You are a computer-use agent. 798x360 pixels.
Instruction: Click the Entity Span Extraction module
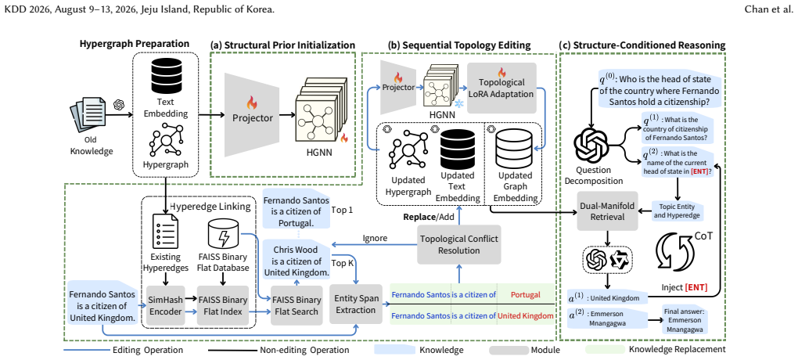[x=356, y=304]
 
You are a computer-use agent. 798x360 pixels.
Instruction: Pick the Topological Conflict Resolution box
[x=458, y=244]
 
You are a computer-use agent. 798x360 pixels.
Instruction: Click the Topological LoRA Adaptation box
[x=501, y=88]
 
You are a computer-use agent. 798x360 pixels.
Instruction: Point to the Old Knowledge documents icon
[x=88, y=117]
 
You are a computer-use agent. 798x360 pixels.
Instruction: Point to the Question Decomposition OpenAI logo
[x=591, y=144]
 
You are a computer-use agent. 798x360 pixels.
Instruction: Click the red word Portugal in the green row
[x=525, y=295]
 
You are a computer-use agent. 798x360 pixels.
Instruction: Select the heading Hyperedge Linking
[x=210, y=207]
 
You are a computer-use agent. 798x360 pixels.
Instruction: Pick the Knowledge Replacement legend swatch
[x=605, y=350]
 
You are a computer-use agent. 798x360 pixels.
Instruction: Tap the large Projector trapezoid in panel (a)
[x=251, y=114]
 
